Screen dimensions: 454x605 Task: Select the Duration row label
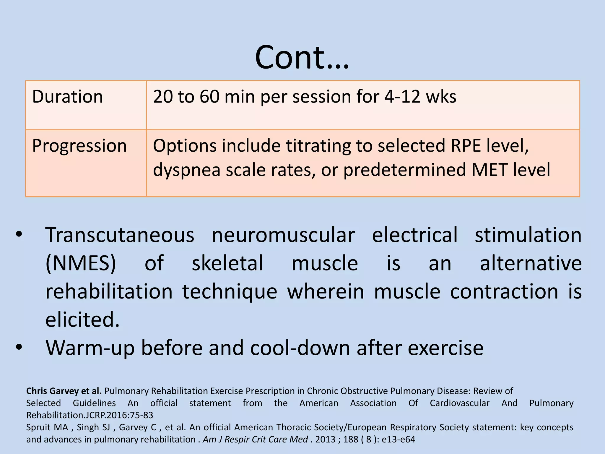(67, 97)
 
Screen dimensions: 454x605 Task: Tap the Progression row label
(79, 146)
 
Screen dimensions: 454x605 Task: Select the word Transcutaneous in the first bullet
(120, 235)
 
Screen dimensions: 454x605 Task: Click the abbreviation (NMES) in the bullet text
(81, 263)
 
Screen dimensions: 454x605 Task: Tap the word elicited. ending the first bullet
(82, 320)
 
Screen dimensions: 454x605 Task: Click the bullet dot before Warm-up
(19, 347)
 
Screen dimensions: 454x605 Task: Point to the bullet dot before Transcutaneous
(19, 235)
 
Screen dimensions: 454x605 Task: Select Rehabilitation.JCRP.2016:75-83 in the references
(90, 415)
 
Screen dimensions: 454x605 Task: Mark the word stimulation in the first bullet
(528, 235)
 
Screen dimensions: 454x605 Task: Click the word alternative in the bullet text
(531, 263)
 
